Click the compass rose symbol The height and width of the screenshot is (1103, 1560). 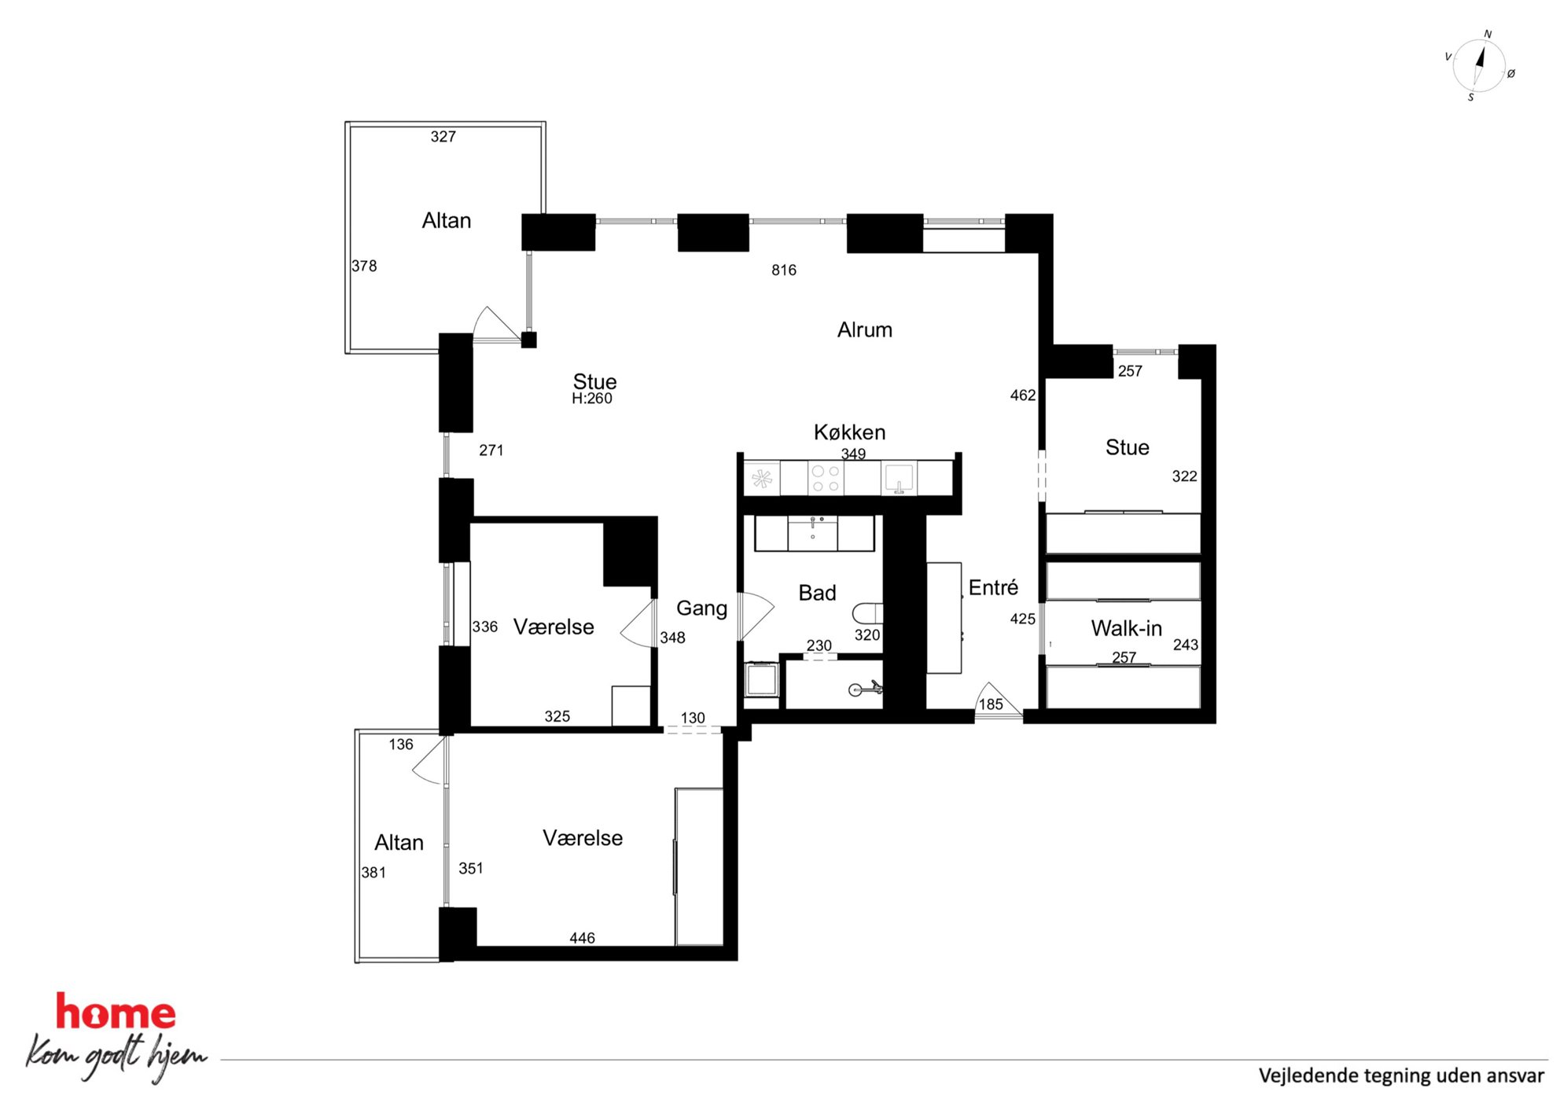click(1479, 66)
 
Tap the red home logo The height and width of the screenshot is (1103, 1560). click(116, 1012)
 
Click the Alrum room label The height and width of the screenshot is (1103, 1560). click(865, 330)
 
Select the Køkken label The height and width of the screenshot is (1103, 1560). click(849, 432)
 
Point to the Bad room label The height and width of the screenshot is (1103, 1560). click(817, 593)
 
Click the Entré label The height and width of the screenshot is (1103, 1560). click(993, 587)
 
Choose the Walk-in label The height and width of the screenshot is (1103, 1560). click(1126, 628)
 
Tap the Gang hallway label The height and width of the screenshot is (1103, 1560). click(701, 608)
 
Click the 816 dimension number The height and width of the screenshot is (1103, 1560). click(784, 270)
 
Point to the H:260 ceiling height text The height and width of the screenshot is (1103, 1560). click(592, 399)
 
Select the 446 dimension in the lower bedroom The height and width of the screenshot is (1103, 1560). click(582, 938)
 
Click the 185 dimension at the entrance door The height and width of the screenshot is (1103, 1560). click(991, 704)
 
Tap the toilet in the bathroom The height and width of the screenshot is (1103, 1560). click(867, 612)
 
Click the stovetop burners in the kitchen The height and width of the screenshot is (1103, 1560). click(826, 479)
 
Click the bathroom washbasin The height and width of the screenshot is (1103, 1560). click(813, 532)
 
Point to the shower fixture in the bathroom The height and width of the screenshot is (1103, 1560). click(865, 689)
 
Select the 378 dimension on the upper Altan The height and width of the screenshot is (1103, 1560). click(364, 267)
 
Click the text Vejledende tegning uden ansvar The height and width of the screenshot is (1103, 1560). click(1401, 1075)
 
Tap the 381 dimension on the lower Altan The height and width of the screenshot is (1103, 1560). click(373, 873)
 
